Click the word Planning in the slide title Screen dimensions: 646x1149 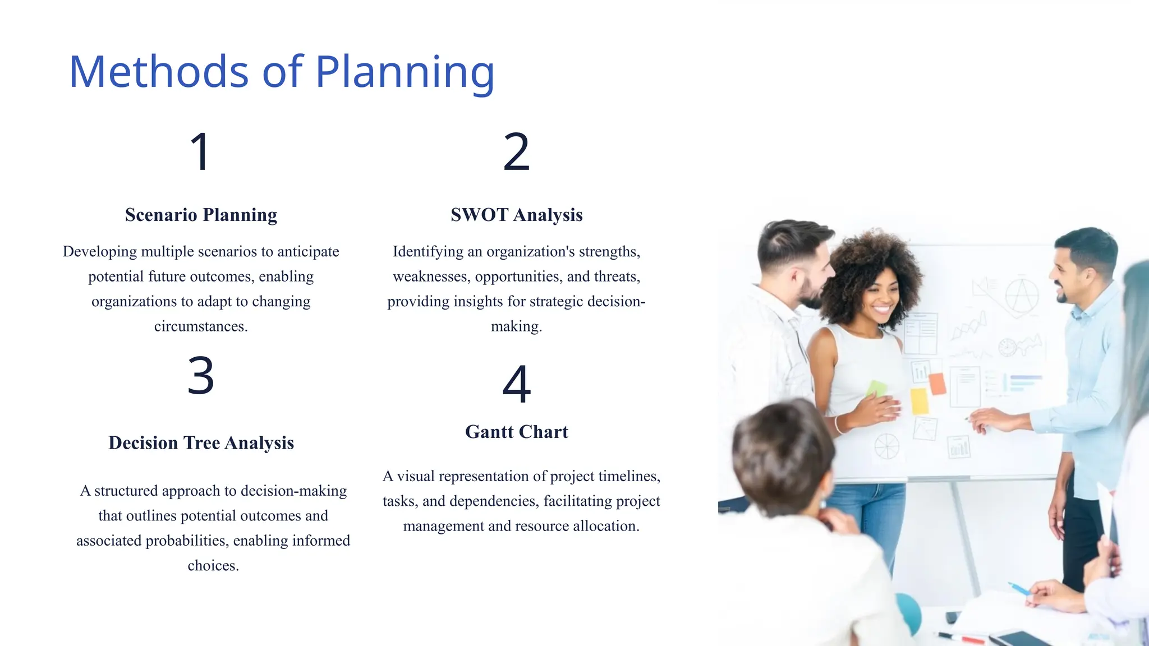pyautogui.click(x=405, y=73)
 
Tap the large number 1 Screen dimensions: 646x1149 pyautogui.click(x=200, y=151)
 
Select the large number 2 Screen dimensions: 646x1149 pyautogui.click(x=516, y=151)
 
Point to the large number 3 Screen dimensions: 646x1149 pyautogui.click(x=200, y=376)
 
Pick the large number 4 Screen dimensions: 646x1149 pyautogui.click(x=516, y=384)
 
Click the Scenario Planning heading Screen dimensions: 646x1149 pyautogui.click(x=201, y=215)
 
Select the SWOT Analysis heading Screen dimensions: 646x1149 pyautogui.click(x=516, y=215)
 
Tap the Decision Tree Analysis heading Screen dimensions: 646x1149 pyautogui.click(x=201, y=443)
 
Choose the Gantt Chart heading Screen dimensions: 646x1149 pyautogui.click(x=516, y=432)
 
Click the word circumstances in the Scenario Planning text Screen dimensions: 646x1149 pyautogui.click(x=201, y=326)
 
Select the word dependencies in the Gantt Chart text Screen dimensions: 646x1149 pyautogui.click(x=494, y=501)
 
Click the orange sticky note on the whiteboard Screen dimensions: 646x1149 pyautogui.click(x=937, y=384)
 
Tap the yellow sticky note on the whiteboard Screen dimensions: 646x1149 pyautogui.click(x=920, y=401)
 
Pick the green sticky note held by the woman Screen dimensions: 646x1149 pyautogui.click(x=876, y=388)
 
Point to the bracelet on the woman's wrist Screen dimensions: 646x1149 pyautogui.click(x=838, y=424)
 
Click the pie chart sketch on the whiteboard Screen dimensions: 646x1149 pyautogui.click(x=886, y=446)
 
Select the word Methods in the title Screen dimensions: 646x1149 pyautogui.click(x=159, y=73)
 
